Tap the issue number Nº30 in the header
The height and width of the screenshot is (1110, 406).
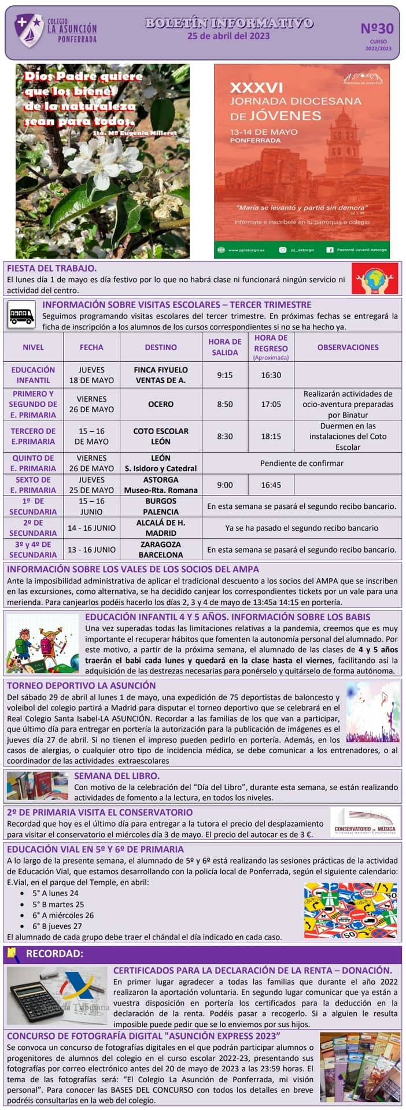[x=377, y=28]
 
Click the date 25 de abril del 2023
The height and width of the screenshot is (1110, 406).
[x=228, y=36]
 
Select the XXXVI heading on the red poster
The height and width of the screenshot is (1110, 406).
[x=256, y=87]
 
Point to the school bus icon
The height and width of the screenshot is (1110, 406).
[x=22, y=316]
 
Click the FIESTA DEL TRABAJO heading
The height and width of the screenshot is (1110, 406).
[x=51, y=268]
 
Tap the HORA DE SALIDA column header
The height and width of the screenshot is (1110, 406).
[x=224, y=347]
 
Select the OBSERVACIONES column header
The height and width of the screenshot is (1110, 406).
[x=348, y=347]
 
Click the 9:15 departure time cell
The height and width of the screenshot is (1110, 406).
[x=224, y=375]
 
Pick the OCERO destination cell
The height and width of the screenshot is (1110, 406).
[x=161, y=404]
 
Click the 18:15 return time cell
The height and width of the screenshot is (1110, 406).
[x=271, y=436]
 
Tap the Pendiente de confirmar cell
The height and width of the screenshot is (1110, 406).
[x=301, y=463]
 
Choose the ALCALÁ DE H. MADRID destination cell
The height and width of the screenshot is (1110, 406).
[x=161, y=528]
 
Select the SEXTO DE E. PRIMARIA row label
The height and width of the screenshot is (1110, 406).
[x=33, y=485]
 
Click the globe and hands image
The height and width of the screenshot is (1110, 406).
[x=375, y=279]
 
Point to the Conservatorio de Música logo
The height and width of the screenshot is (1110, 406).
[x=365, y=822]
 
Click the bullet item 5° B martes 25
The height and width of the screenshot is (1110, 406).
[x=58, y=904]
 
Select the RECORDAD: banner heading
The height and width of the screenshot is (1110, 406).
[x=54, y=953]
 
